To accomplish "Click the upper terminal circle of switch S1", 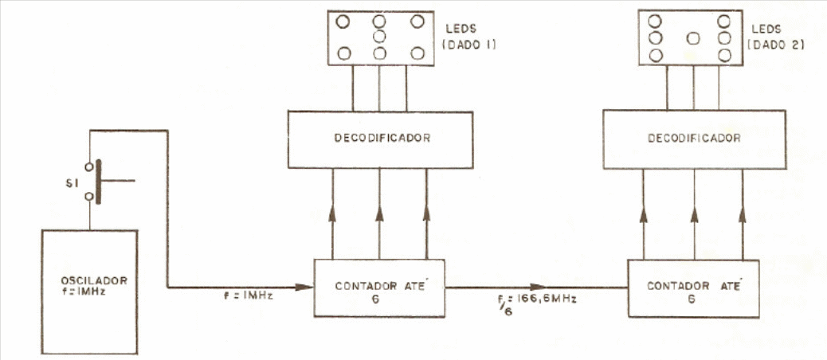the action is click(x=89, y=167).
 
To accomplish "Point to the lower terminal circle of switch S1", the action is click(x=89, y=197).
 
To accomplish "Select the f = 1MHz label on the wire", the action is click(x=248, y=296).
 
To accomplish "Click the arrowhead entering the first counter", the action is click(x=304, y=288).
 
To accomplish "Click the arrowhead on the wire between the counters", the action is click(x=539, y=288).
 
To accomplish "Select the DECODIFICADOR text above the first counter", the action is click(x=382, y=138).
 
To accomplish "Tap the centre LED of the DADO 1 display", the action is click(x=379, y=37).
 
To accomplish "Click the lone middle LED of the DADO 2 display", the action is click(x=694, y=38).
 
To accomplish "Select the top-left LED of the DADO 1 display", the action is click(x=343, y=22).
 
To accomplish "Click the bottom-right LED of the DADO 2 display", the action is click(x=725, y=55).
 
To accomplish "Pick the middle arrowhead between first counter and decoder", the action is click(x=379, y=213).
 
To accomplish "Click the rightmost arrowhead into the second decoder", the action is click(x=743, y=214).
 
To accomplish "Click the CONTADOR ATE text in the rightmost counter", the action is click(x=694, y=286).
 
